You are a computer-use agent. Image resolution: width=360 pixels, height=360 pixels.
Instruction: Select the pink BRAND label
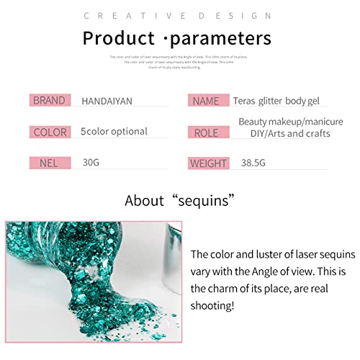(x=49, y=101)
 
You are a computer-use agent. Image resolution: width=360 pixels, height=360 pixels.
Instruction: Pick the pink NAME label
(x=207, y=101)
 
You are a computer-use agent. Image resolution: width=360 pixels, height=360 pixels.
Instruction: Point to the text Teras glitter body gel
(x=278, y=101)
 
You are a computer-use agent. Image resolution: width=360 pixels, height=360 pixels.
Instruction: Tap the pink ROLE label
(x=207, y=132)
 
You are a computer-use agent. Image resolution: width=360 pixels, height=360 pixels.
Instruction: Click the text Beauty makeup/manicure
(x=291, y=122)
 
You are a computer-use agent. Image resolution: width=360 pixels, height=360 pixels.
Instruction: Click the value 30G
(x=91, y=163)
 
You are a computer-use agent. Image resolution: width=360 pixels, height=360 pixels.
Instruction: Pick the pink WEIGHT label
(x=208, y=163)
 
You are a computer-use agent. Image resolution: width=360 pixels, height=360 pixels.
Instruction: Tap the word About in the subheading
(x=144, y=201)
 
